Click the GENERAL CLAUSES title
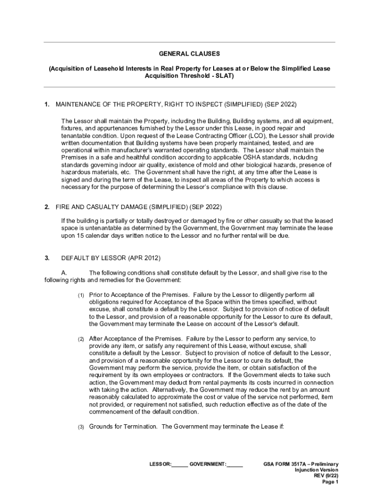(189, 53)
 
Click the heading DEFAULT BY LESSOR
(94, 258)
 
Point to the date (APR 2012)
(144, 258)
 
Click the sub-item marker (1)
(81, 295)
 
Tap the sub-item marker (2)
(81, 339)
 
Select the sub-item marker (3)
(81, 426)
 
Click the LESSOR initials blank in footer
(180, 464)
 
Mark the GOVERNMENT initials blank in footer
(235, 464)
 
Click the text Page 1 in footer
(330, 482)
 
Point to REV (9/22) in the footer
(326, 476)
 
